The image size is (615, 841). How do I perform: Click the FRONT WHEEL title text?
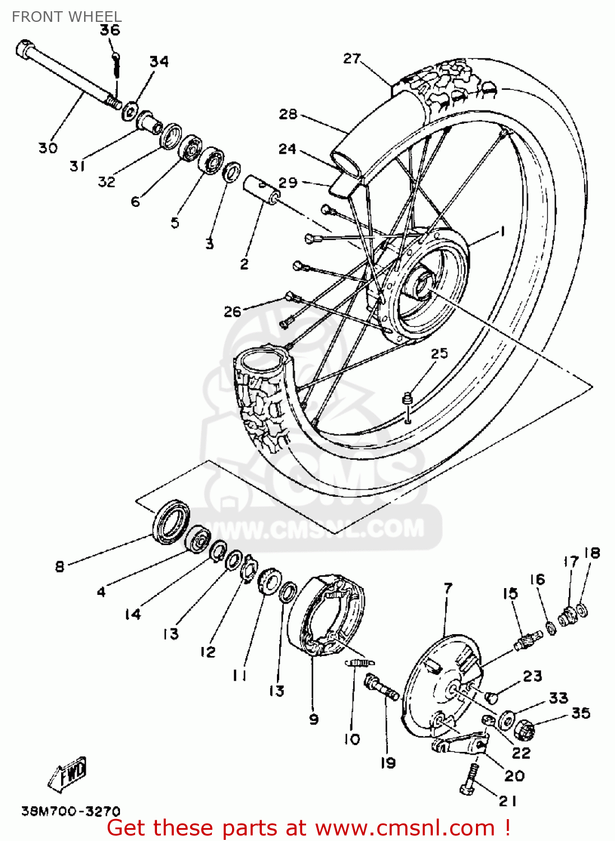click(x=66, y=17)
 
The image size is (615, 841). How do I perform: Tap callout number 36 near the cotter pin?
click(x=110, y=30)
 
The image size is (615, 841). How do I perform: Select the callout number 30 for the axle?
click(x=48, y=148)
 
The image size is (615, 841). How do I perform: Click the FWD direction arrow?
click(x=68, y=775)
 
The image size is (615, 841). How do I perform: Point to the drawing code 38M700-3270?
click(x=71, y=811)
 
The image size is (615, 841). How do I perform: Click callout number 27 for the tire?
click(x=352, y=58)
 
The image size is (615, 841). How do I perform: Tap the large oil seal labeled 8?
click(x=171, y=522)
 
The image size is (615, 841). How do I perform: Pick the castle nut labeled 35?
click(x=525, y=729)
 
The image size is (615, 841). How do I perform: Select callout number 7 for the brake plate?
click(x=447, y=588)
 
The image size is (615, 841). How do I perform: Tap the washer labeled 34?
click(x=130, y=110)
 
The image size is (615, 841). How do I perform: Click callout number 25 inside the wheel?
click(x=440, y=353)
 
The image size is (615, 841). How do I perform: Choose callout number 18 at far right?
click(x=592, y=553)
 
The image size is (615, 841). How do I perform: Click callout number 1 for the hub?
click(x=502, y=230)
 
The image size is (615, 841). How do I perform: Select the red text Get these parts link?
click(x=308, y=828)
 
